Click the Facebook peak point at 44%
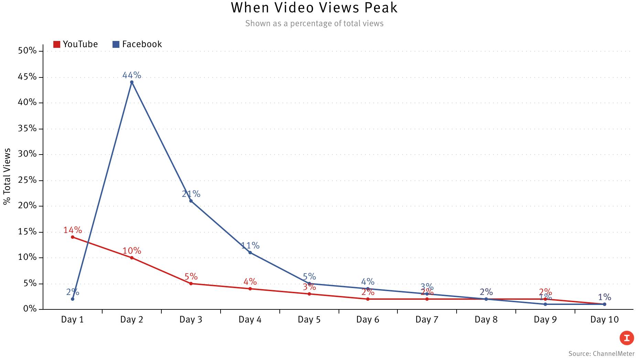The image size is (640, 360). click(132, 82)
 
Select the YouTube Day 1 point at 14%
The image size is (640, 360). click(73, 237)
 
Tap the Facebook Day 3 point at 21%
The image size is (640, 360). click(191, 201)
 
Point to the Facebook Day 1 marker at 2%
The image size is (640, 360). click(73, 299)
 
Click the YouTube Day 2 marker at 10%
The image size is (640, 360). click(132, 258)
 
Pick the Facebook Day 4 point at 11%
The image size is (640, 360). click(250, 253)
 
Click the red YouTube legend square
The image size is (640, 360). click(57, 44)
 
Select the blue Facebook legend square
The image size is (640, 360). click(116, 44)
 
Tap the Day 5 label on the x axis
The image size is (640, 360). click(309, 320)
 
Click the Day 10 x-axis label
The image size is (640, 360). click(604, 320)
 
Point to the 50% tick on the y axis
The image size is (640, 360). click(27, 51)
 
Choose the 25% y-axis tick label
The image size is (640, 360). click(27, 180)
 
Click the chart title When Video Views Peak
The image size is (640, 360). click(314, 8)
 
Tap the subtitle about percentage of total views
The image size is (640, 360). click(314, 23)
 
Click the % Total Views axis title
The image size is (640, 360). click(7, 177)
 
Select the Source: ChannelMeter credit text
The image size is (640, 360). click(601, 353)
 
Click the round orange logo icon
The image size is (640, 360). click(627, 338)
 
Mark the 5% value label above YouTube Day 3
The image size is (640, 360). click(191, 277)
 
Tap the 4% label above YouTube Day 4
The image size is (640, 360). click(250, 282)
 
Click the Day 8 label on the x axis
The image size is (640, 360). click(486, 320)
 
